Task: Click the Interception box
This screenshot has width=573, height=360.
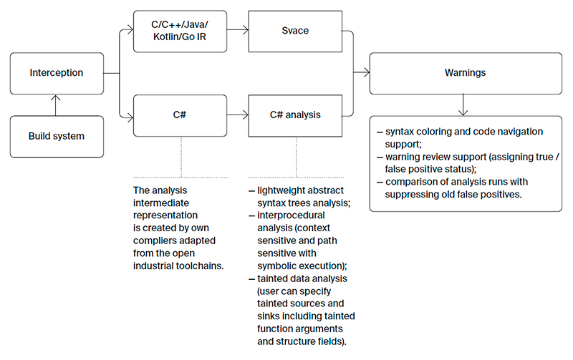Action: pos(57,73)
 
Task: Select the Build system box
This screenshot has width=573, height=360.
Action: pos(57,135)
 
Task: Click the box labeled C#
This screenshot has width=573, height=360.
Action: pos(180,115)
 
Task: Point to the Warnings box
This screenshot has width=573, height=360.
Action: pos(466,73)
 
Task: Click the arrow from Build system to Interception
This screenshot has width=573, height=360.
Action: pos(57,104)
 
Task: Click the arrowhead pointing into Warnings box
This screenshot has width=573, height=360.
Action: pos(366,73)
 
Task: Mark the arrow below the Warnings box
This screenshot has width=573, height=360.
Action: pos(466,105)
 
